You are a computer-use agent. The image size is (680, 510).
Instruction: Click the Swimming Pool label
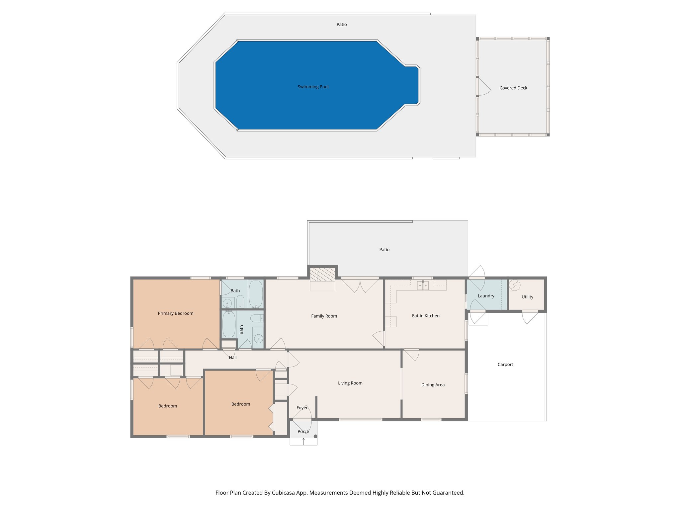point(313,87)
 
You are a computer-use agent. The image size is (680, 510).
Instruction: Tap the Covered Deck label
point(513,88)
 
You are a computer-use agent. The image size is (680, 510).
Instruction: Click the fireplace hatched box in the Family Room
point(322,275)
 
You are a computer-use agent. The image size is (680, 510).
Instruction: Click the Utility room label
point(527,297)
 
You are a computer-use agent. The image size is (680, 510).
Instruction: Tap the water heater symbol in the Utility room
point(515,285)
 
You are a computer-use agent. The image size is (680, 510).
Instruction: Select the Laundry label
point(486,296)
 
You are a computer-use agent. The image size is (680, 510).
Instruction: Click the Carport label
point(505,365)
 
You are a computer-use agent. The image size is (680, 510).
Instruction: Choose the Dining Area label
point(433,385)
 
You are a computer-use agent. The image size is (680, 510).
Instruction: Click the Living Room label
point(350,383)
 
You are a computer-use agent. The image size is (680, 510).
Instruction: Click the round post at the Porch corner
point(315,436)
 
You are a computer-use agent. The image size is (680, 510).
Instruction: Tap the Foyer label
point(302,408)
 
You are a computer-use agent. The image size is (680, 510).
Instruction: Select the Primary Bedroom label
point(175,313)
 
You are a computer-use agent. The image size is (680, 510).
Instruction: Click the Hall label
point(232,358)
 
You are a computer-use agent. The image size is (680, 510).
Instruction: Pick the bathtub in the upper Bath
point(256,294)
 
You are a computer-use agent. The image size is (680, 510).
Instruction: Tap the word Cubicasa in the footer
point(284,493)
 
